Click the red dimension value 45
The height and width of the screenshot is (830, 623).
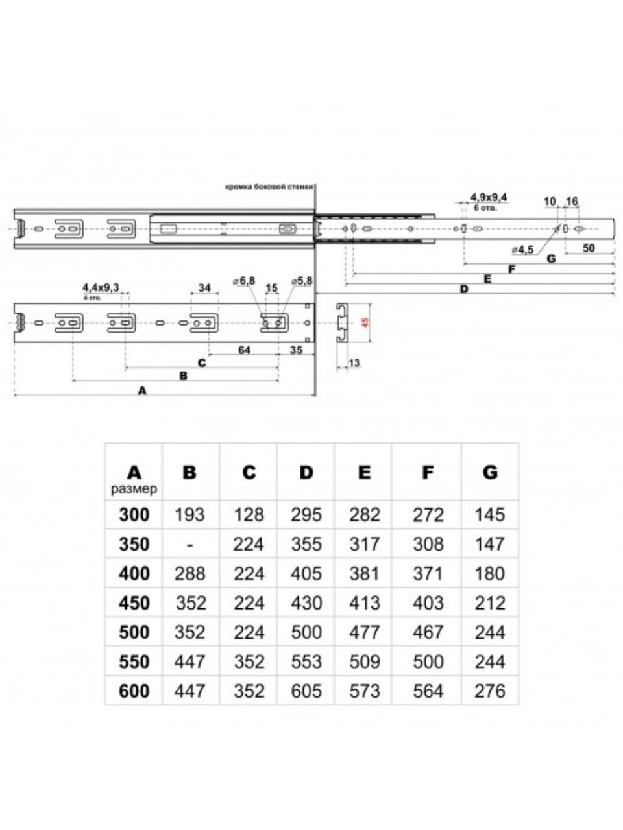click(365, 322)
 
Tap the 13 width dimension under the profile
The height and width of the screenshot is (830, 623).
click(354, 364)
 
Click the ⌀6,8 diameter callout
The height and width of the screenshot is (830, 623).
click(244, 280)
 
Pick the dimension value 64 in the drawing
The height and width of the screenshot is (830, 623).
click(244, 350)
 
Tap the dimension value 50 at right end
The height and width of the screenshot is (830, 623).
click(589, 248)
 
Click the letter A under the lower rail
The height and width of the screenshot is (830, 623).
click(143, 390)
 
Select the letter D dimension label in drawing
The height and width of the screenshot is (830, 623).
click(463, 289)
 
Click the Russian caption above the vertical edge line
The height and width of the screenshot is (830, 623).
click(269, 187)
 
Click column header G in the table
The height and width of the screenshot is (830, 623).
click(490, 472)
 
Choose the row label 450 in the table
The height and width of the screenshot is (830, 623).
click(134, 603)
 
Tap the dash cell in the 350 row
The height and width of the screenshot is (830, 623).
click(189, 545)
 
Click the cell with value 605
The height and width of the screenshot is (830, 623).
click(306, 691)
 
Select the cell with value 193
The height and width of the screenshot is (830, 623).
click(189, 515)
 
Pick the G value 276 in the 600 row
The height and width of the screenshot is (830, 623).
click(490, 691)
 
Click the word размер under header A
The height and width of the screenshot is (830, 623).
click(134, 489)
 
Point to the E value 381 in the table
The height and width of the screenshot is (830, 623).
click(365, 574)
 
